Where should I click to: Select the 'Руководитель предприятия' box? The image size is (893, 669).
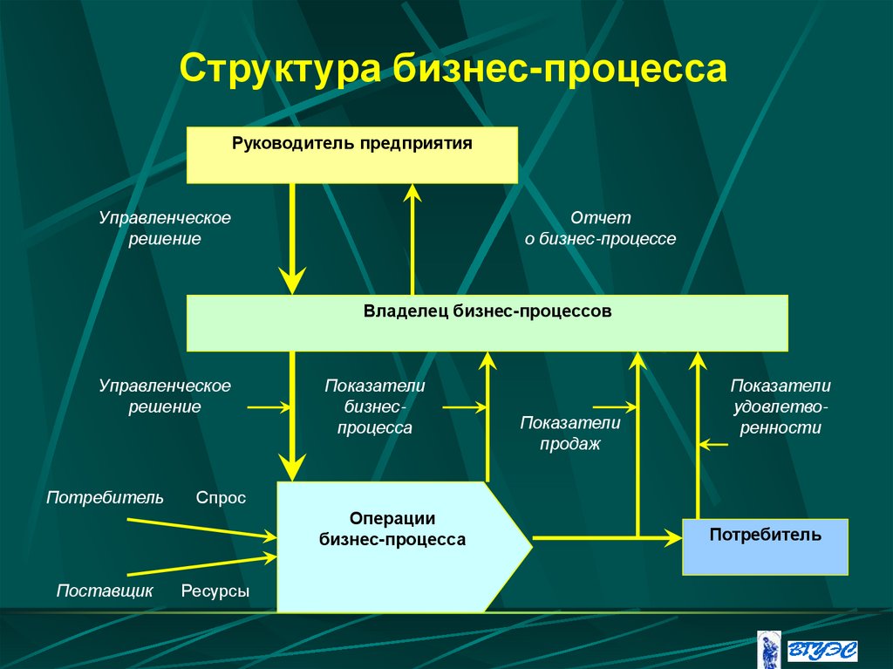tap(352, 154)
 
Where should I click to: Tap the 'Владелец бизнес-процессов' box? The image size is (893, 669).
tap(487, 323)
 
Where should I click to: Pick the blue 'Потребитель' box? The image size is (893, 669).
tap(765, 546)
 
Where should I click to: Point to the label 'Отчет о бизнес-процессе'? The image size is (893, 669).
tap(600, 229)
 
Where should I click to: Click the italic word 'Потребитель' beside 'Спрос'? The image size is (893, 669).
tap(105, 498)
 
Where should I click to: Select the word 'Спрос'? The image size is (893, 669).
tap(221, 498)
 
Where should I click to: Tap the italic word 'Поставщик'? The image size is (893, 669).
tap(105, 590)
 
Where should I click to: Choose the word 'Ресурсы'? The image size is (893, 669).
tap(215, 590)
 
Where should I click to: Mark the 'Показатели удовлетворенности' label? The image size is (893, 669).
tap(781, 406)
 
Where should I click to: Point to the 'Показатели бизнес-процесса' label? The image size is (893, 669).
tap(375, 406)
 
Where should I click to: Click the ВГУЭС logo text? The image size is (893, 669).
tap(821, 650)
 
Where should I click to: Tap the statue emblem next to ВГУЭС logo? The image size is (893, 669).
tap(768, 649)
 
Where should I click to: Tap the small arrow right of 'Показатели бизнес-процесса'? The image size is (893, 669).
tap(464, 406)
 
